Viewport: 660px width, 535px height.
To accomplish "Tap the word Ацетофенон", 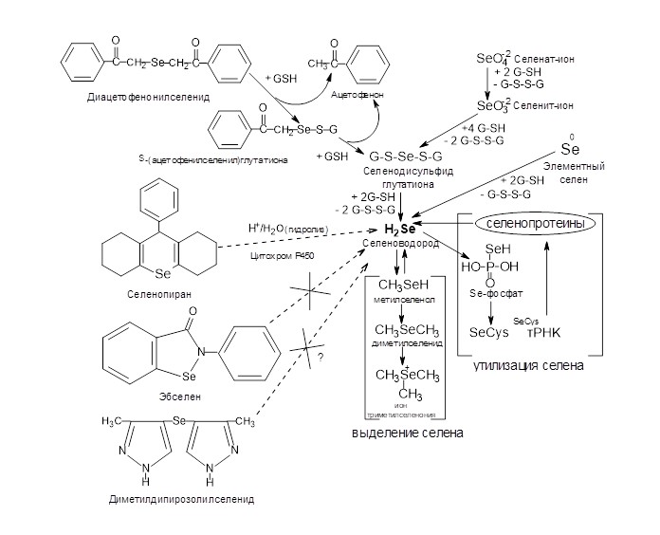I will [x=357, y=96].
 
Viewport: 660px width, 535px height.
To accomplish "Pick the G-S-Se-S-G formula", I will [x=402, y=155].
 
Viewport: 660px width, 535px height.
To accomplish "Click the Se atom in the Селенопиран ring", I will [x=161, y=273].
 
